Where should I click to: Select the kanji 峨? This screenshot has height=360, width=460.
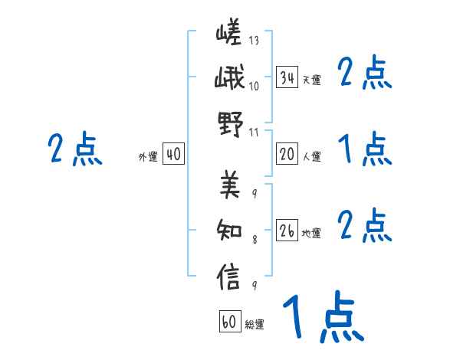click(x=229, y=79)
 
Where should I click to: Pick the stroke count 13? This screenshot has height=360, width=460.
click(x=254, y=40)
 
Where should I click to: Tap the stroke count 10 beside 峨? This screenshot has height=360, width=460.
click(x=254, y=86)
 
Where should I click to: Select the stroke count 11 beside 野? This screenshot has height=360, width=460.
click(x=254, y=132)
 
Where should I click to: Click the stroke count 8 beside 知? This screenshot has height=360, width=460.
click(x=255, y=239)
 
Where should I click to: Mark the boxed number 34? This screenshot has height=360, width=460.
click(x=287, y=77)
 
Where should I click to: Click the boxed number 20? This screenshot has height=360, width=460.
click(x=287, y=154)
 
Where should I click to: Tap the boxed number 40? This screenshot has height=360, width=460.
click(x=173, y=155)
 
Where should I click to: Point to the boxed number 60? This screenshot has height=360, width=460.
click(x=229, y=322)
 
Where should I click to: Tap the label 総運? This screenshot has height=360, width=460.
click(x=255, y=324)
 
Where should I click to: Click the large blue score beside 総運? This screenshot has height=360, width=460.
click(x=322, y=318)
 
